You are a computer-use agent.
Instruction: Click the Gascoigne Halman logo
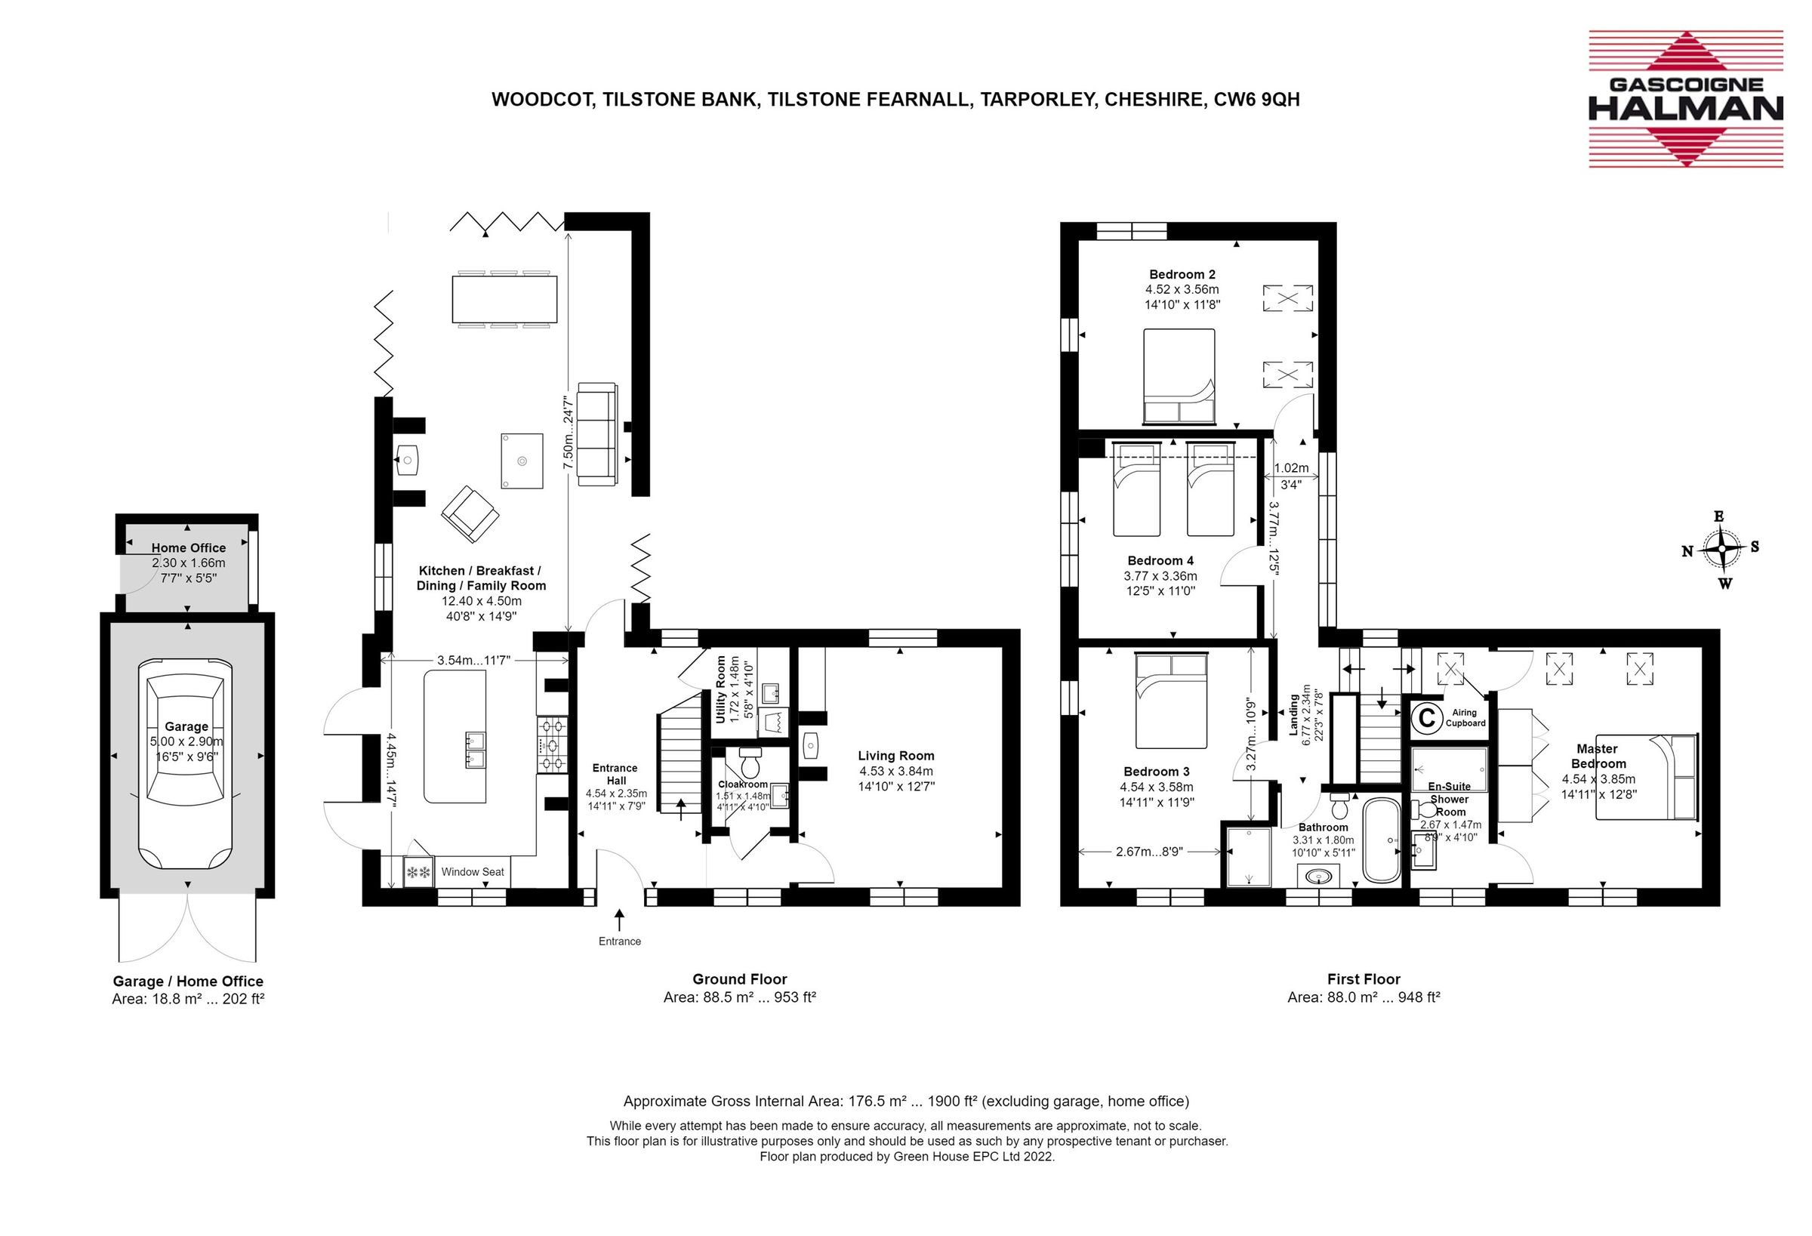pyautogui.click(x=1685, y=99)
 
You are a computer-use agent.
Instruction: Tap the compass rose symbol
pyautogui.click(x=1721, y=549)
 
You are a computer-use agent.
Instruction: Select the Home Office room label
pyautogui.click(x=189, y=548)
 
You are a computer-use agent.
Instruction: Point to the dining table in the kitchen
pyautogui.click(x=504, y=299)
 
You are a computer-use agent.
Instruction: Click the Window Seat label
pyautogui.click(x=473, y=872)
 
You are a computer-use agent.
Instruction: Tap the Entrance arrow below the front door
pyautogui.click(x=620, y=920)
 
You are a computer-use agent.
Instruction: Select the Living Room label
pyautogui.click(x=895, y=756)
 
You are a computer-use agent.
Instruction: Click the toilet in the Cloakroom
pyautogui.click(x=750, y=760)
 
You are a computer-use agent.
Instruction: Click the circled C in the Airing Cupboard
pyautogui.click(x=1427, y=717)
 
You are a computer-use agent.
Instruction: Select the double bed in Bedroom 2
pyautogui.click(x=1179, y=376)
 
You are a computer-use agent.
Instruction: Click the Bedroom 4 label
pyautogui.click(x=1160, y=561)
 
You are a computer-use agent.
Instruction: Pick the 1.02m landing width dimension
pyautogui.click(x=1291, y=469)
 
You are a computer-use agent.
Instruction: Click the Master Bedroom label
pyautogui.click(x=1598, y=756)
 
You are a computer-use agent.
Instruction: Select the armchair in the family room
pyautogui.click(x=470, y=514)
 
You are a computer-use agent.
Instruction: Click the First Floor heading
pyautogui.click(x=1364, y=979)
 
